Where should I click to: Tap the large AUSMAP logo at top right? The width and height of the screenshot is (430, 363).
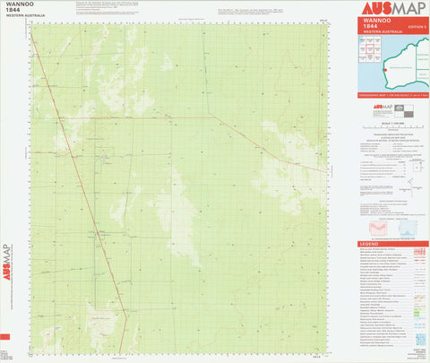tap(391, 9)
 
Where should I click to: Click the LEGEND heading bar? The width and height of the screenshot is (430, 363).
tap(391, 244)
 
